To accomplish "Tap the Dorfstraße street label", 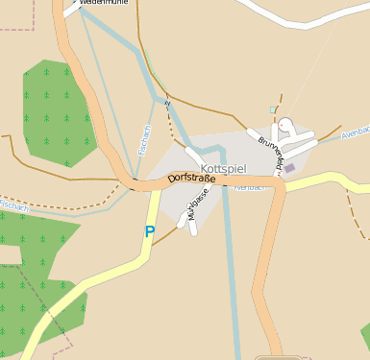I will [x=190, y=177].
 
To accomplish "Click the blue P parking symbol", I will [x=149, y=231].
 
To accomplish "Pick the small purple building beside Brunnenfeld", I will [x=289, y=168].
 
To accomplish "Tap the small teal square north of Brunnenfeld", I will [x=273, y=109].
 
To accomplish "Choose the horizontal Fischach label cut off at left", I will [x=14, y=205].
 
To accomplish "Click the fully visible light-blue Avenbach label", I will [x=355, y=132].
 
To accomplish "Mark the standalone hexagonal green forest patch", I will [x=60, y=111].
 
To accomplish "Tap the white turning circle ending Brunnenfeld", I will [x=285, y=124].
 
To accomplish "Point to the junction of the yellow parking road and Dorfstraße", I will [x=158, y=189].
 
